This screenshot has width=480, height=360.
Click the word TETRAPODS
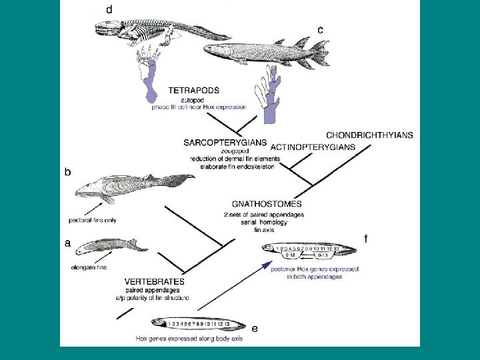[x=193, y=89]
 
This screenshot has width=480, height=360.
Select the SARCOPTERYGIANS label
[x=216, y=143]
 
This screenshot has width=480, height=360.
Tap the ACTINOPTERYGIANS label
[x=311, y=146]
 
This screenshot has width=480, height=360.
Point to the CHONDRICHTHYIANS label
[x=369, y=135]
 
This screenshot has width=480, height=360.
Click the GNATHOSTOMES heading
[x=266, y=204]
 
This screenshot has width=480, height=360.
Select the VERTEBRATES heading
[x=154, y=282]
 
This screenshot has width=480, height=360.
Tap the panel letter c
[x=320, y=30]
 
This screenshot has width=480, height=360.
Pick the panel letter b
[x=67, y=172]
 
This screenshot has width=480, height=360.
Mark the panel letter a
[x=67, y=243]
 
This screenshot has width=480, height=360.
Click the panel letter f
[x=365, y=239]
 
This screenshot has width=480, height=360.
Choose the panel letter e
[x=254, y=328]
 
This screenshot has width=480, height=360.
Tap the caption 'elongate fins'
[x=89, y=268]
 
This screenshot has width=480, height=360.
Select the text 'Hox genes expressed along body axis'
[x=189, y=339]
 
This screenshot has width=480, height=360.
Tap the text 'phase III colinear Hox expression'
[x=199, y=107]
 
